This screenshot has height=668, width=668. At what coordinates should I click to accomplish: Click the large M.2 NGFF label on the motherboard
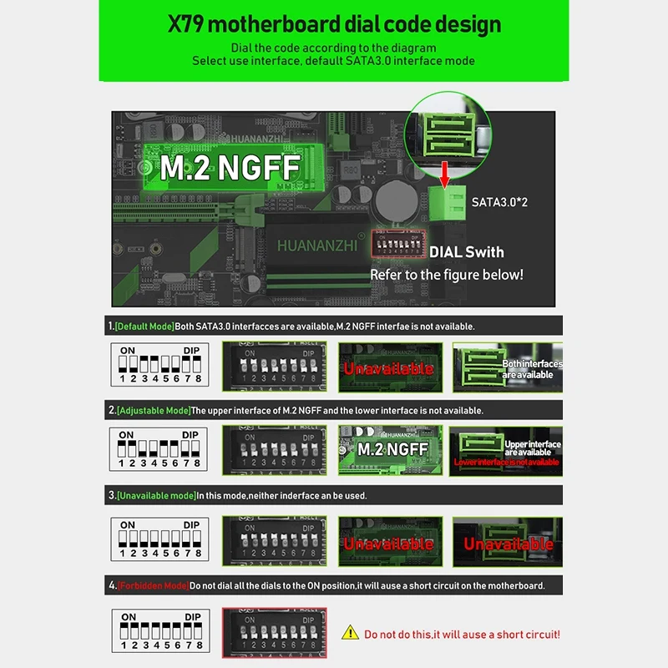point(218,167)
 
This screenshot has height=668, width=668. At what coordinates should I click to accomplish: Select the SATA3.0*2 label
point(498,202)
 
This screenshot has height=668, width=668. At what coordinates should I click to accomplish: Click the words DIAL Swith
point(466,251)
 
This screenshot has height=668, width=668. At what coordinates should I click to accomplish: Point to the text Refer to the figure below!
point(447,275)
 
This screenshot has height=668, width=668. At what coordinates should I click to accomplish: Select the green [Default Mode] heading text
point(144,326)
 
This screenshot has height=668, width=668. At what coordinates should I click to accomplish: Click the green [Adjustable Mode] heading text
point(153,411)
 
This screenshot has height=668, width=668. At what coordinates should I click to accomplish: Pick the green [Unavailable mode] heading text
point(155,496)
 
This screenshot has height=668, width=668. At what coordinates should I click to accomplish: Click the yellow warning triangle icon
point(352,635)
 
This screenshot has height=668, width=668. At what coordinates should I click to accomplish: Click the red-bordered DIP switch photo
point(274,628)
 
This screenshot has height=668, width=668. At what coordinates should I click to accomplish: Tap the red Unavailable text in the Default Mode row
point(389,368)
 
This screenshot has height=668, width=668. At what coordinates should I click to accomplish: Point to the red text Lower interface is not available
point(506,463)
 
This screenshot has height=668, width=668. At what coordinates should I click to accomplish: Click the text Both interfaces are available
point(531,369)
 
